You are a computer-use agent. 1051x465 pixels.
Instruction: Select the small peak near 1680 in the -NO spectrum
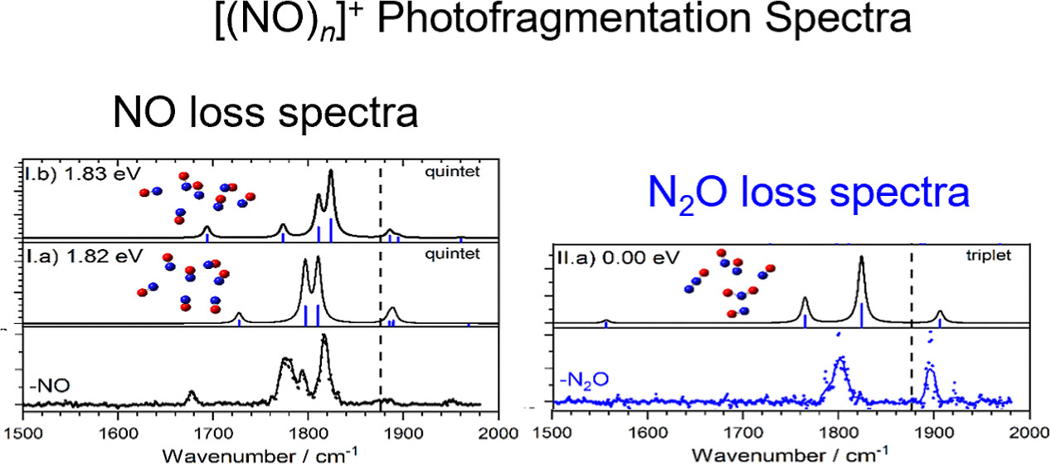192,393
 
